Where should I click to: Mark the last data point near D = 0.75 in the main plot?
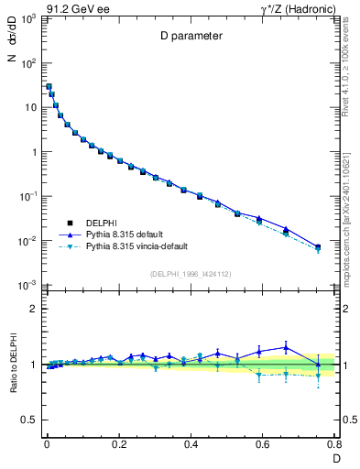pos(318,247)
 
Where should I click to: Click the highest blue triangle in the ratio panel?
pos(287,346)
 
